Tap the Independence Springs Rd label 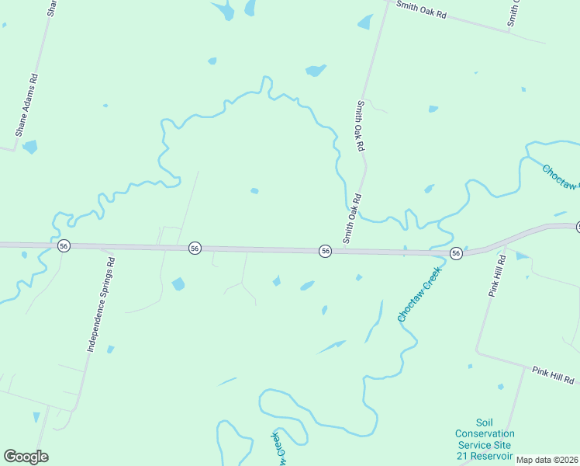click(100, 305)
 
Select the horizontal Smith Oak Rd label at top click(422, 9)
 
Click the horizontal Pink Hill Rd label click(553, 374)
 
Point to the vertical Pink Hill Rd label click(496, 276)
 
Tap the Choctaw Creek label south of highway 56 click(419, 294)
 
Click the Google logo click(26, 457)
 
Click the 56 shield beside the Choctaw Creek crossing click(456, 253)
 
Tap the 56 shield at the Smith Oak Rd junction click(325, 251)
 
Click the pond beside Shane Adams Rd click(29, 146)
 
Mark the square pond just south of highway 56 click(178, 284)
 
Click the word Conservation click(485, 433)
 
